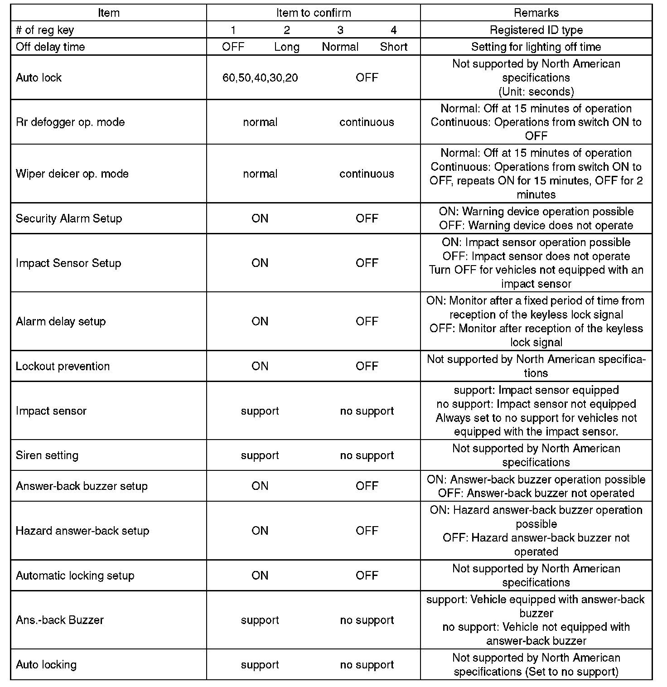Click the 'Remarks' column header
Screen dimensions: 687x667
536,13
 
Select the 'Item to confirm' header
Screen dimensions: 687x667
314,13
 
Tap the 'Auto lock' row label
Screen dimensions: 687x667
39,77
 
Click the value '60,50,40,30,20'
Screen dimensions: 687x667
260,77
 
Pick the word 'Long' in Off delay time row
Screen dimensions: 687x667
287,47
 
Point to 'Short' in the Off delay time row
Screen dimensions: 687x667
394,47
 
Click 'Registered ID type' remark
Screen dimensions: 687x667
536,30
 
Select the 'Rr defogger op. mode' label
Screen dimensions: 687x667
70,122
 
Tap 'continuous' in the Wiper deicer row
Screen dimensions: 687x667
367,174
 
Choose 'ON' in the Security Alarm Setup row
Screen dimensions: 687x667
260,218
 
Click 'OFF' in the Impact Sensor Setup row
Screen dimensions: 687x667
367,263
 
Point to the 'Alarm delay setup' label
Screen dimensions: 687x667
61,321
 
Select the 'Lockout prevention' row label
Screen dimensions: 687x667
63,366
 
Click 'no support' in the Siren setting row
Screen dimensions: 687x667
367,455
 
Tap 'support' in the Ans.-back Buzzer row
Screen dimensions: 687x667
260,620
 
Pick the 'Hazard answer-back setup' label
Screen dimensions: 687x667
82,531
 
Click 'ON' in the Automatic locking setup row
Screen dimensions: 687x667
260,576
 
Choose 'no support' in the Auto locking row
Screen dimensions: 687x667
367,665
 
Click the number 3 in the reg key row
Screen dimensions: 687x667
340,30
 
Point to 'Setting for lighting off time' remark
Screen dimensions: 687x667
536,47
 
